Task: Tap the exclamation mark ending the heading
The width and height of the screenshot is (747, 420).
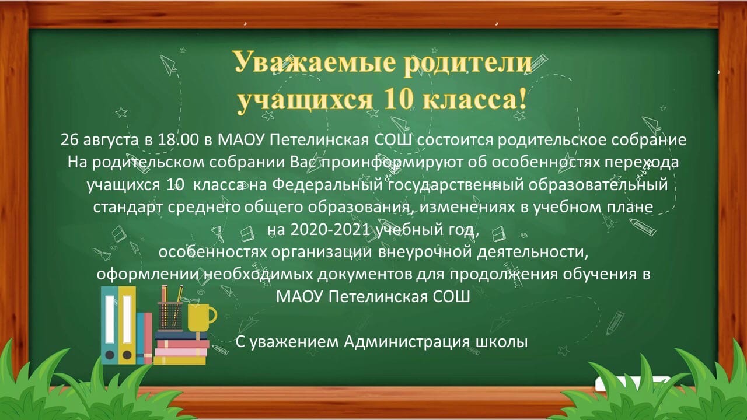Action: (x=522, y=99)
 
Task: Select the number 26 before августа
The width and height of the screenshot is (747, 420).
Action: (x=69, y=140)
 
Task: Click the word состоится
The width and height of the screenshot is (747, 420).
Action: (x=455, y=140)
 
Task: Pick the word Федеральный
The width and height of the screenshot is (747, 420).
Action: (x=327, y=185)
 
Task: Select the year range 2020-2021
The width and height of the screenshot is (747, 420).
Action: (x=330, y=230)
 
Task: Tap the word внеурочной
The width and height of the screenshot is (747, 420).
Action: (x=424, y=253)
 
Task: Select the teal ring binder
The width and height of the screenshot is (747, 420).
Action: (x=110, y=325)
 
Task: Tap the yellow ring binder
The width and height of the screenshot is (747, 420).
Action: (x=127, y=325)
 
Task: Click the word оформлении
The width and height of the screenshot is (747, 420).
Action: (x=148, y=275)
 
